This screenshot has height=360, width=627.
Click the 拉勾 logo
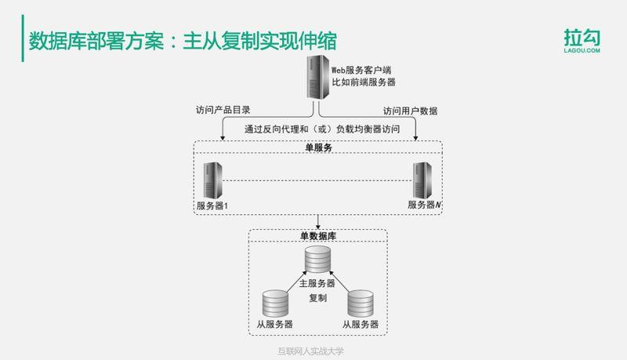point(582,41)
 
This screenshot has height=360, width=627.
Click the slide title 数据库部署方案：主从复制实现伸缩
point(185,40)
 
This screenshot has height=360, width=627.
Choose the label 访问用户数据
point(410,110)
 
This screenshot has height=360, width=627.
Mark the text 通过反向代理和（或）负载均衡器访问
point(318,130)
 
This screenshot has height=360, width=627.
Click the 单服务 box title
point(318,147)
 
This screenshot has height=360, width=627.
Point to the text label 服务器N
point(423,205)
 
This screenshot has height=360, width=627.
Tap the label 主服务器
point(317,283)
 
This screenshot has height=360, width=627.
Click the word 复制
point(317,298)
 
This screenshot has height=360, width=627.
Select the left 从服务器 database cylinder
point(275,304)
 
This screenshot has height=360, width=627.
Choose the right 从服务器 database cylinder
point(360,304)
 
